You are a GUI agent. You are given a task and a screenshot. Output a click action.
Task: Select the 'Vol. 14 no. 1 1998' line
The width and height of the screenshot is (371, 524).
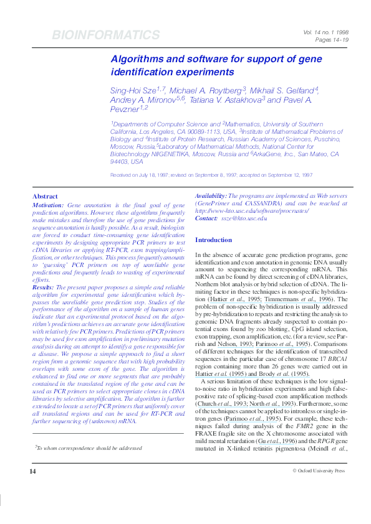tap(327, 32)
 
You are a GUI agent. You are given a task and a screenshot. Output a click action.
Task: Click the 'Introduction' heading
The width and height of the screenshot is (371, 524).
tap(213, 240)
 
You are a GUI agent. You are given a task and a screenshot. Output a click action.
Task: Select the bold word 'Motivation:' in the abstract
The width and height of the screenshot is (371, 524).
tap(47, 205)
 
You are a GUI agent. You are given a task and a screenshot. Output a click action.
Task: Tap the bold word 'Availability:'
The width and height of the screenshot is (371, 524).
tap(211, 195)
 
